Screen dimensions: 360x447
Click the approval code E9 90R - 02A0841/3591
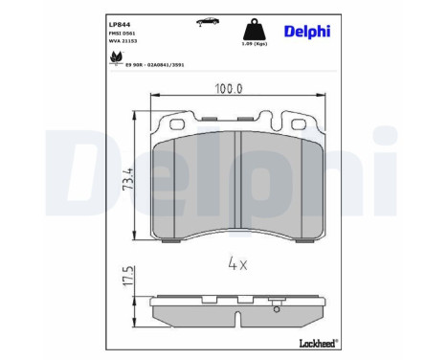point(148,64)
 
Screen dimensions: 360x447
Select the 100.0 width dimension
point(227,88)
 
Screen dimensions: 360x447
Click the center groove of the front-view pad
point(237,182)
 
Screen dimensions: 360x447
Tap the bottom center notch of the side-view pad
point(238,317)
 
